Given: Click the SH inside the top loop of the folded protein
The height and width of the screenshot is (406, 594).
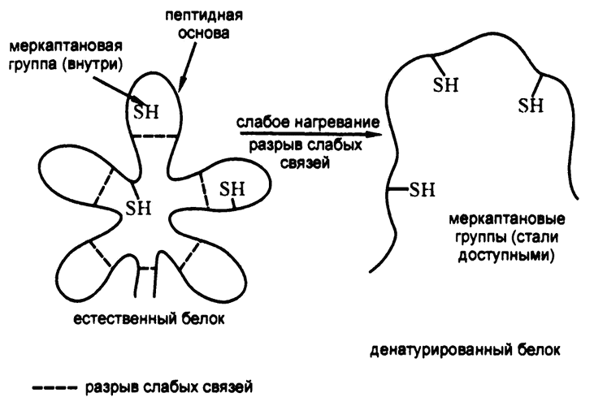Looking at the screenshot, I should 147,108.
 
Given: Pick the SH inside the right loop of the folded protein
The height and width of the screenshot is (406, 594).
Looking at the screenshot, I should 232,188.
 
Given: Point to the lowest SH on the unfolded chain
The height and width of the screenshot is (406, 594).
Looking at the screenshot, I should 421,190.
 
